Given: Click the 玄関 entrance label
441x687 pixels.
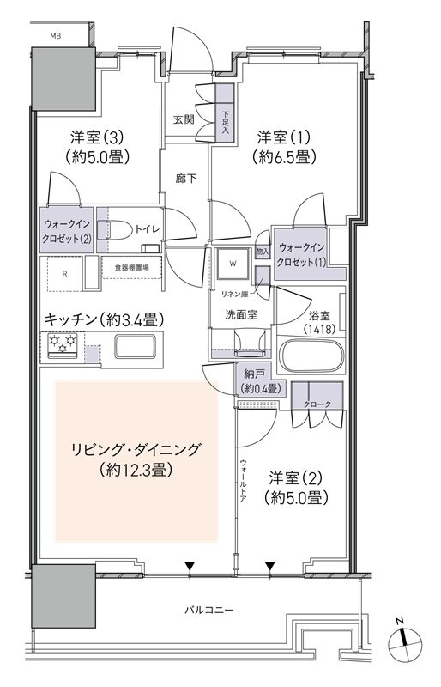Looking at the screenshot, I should pos(185,119).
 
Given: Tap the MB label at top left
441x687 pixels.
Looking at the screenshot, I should pos(56,37).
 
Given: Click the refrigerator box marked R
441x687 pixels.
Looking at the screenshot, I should pos(65,274).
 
